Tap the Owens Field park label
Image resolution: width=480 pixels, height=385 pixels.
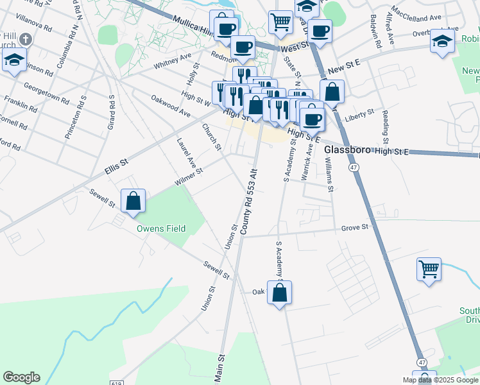(160, 228)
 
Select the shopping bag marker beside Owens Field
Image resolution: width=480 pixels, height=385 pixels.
(133, 201)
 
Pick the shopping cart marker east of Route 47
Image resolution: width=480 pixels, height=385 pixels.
(429, 269)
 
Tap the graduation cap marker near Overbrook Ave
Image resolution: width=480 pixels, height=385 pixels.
(442, 42)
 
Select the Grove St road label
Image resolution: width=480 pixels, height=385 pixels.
(355, 227)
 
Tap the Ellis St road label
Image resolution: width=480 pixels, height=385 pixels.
(116, 168)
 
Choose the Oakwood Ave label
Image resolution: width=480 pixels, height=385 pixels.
(171, 106)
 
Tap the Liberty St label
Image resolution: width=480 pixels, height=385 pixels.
(359, 116)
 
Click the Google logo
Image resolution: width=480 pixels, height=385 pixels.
(21, 377)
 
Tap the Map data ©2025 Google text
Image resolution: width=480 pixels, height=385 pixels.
(439, 380)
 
